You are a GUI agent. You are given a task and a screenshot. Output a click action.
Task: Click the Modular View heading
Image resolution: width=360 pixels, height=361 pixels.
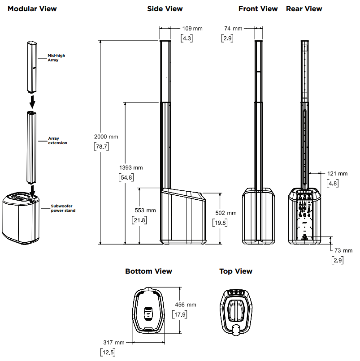[32, 9]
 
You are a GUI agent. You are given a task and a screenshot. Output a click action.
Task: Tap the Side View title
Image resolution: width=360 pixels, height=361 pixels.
[165, 9]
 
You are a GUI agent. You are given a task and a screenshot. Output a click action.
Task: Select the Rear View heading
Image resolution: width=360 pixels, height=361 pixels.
[304, 9]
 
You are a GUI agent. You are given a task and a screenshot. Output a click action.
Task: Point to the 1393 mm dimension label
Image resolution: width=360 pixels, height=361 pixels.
[130, 168]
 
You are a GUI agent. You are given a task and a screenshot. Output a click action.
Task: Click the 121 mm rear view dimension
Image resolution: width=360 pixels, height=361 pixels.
[337, 173]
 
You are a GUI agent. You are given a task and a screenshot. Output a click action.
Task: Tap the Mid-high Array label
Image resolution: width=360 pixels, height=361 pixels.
[56, 58]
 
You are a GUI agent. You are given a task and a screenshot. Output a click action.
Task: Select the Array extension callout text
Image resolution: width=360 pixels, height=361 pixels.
[57, 141]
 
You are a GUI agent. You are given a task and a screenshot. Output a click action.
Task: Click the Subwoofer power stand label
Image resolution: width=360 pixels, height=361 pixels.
[63, 208]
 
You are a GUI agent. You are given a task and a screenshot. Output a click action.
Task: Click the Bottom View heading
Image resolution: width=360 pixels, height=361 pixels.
[148, 271]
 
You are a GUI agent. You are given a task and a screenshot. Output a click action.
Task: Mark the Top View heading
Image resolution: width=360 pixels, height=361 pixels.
[235, 271]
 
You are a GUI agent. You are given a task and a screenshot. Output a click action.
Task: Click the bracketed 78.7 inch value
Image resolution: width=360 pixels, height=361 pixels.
[102, 146]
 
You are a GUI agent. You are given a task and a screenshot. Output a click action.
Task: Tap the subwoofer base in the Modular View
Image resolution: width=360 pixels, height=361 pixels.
[20, 217]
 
